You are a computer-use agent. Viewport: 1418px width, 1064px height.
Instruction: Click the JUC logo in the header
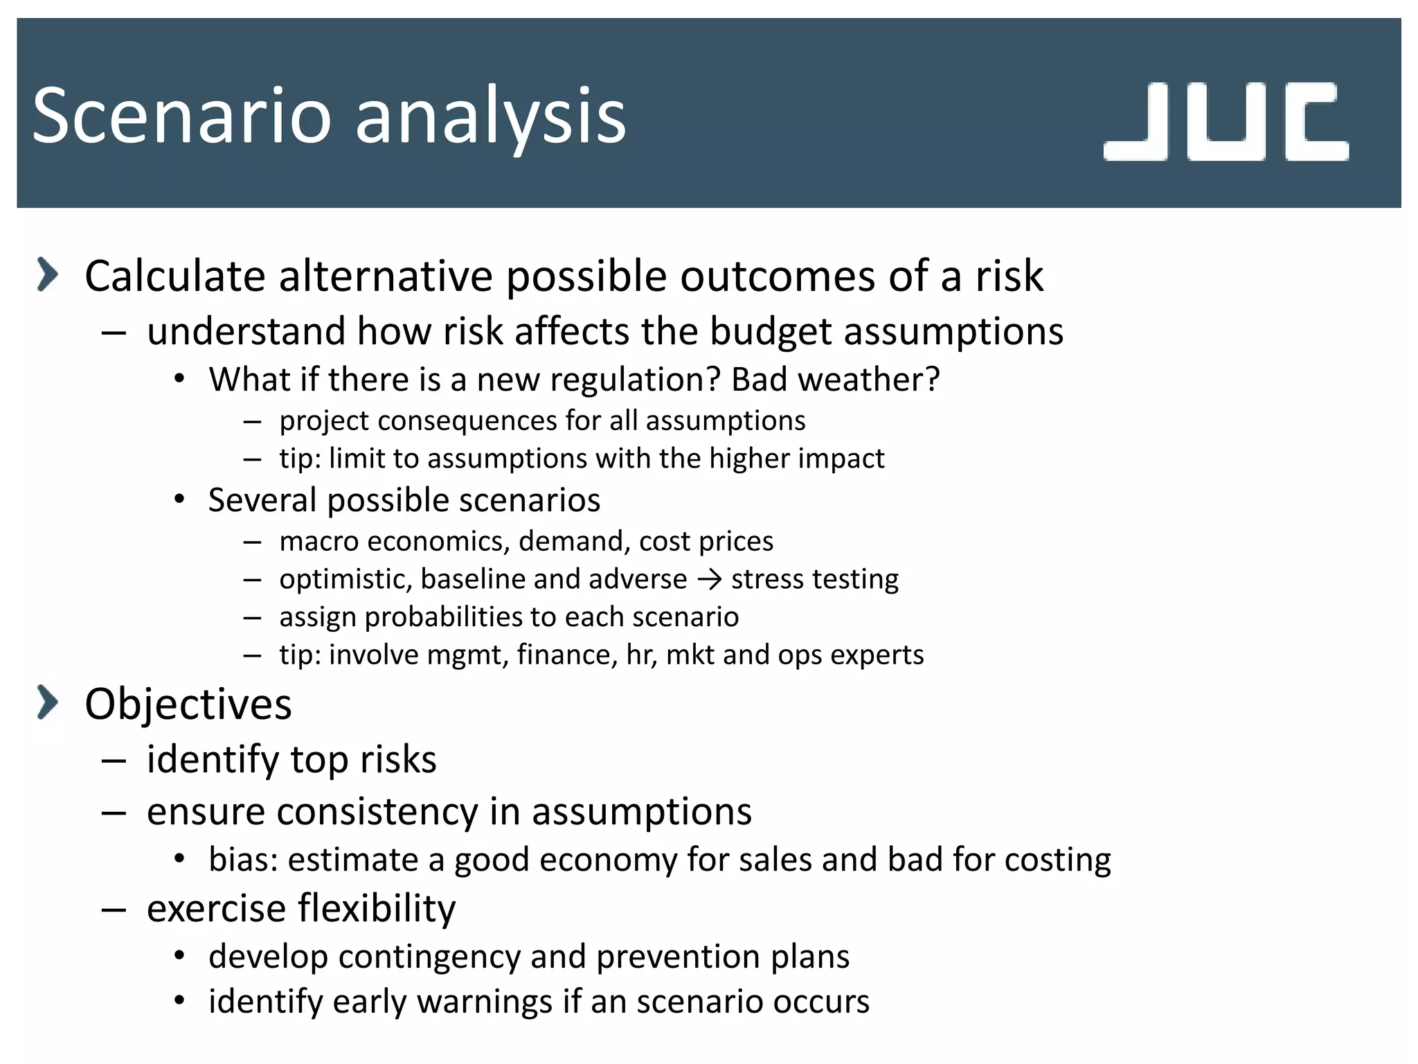[1226, 122]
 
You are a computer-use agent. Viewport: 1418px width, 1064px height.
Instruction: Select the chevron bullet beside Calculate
[47, 274]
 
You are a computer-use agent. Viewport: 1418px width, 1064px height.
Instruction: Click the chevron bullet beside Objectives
[47, 702]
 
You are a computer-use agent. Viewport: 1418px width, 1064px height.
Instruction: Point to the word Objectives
[188, 704]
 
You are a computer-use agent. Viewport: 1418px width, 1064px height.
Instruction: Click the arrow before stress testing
[710, 579]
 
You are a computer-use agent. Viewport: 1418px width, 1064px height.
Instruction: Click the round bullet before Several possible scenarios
[179, 499]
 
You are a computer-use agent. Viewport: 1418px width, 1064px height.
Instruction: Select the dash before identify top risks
[114, 760]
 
